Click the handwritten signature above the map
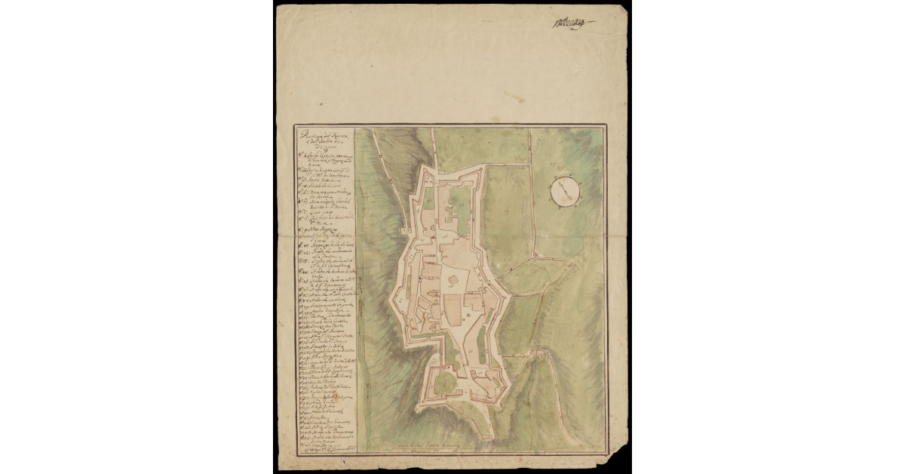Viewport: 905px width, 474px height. (x=572, y=23)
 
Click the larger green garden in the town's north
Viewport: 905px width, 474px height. (x=459, y=201)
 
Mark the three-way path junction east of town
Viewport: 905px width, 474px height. (x=532, y=257)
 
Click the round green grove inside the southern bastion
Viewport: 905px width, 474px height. (x=445, y=384)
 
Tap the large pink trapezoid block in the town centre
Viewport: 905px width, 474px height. (x=457, y=310)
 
